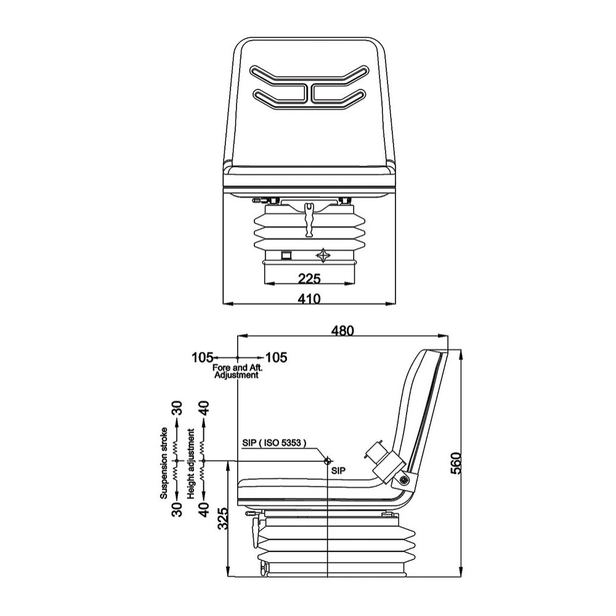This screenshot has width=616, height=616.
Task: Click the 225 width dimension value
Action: (310, 278)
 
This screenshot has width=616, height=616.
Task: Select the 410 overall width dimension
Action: (309, 299)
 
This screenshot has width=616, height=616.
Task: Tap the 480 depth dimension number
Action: (342, 331)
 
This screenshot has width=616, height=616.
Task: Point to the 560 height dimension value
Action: (455, 463)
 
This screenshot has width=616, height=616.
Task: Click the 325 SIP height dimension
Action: (223, 519)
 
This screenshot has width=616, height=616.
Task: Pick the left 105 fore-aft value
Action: (202, 357)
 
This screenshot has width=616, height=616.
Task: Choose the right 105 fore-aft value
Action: (277, 357)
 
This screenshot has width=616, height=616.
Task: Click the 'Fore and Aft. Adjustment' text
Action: (237, 371)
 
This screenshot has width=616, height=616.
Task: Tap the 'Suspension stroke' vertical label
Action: (164, 463)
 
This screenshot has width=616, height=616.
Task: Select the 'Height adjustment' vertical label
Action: (192, 464)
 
